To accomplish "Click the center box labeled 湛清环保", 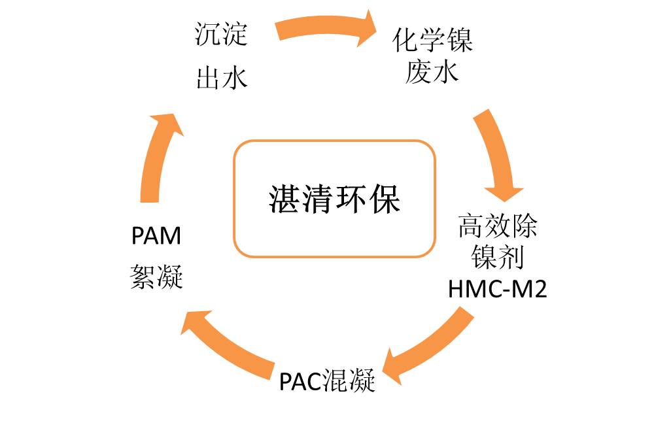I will coord(334,199).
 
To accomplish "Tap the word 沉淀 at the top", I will coord(221,35).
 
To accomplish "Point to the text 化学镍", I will coord(432,41).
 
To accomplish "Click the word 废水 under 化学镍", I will coord(432,71).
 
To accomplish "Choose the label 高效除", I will coord(498,227).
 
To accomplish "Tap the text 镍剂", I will coord(498,258).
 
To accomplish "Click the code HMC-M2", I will coord(498,289).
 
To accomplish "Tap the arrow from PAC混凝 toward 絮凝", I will coord(229,343).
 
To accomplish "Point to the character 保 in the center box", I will coord(384,199).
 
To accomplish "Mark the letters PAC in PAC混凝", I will coord(298,381).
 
